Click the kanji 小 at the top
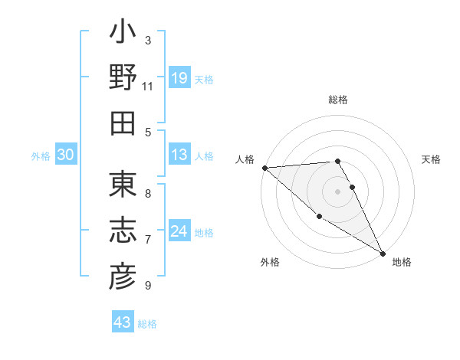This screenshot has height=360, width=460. [123, 34]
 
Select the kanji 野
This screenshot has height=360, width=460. [123, 78]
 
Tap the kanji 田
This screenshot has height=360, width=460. [123, 123]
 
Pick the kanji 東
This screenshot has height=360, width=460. [123, 185]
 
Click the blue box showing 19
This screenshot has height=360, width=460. [179, 78]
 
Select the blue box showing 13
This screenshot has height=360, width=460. [179, 155]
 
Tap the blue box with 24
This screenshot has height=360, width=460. [179, 232]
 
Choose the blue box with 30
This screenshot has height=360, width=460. [66, 155]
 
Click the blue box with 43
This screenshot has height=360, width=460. [123, 322]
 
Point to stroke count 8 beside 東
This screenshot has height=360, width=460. [148, 194]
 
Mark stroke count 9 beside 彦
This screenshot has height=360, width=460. [148, 286]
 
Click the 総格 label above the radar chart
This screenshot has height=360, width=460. [338, 100]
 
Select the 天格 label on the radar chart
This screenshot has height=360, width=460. [432, 159]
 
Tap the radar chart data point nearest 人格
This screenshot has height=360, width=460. [264, 167]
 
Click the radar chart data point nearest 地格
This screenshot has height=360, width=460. [382, 252]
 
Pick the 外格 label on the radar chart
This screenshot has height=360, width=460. [270, 262]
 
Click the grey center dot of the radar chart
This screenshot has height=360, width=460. [338, 191]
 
